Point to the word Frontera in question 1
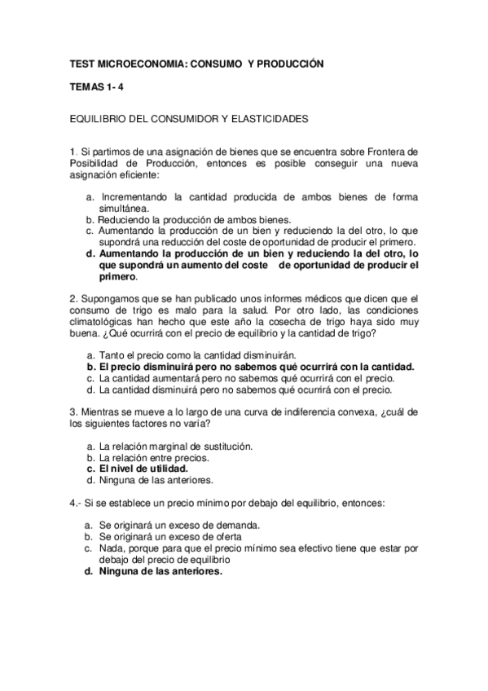pyautogui.click(x=391, y=151)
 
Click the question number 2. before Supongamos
pyautogui.click(x=73, y=298)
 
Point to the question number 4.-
pyautogui.click(x=76, y=503)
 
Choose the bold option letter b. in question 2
pyautogui.click(x=90, y=367)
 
